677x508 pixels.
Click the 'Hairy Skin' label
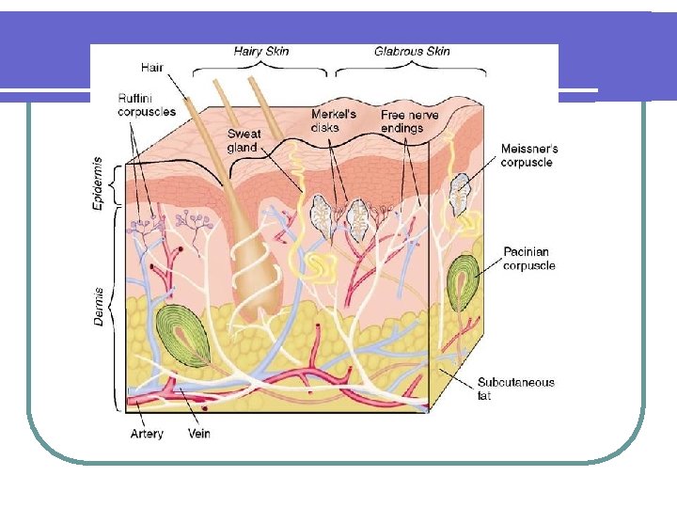point(261,51)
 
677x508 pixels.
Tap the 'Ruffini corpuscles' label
point(146,103)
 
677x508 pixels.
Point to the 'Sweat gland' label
point(244,140)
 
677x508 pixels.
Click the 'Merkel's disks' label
point(334,120)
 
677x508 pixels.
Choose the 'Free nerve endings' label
point(410,121)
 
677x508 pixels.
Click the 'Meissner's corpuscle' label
point(528,155)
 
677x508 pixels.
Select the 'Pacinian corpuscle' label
point(529,259)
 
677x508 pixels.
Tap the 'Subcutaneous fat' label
point(516,389)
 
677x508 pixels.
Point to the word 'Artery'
point(147,434)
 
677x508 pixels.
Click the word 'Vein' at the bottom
point(199,434)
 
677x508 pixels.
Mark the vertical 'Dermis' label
point(99,307)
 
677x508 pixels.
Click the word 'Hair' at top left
point(151,67)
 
